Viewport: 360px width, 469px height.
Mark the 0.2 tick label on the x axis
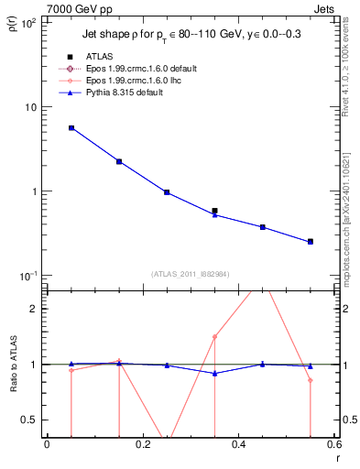click(142, 446)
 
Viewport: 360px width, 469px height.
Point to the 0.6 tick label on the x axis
click(334, 446)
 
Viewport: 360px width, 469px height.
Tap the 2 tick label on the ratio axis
click(35, 309)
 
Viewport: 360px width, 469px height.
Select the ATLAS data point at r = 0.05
click(71, 128)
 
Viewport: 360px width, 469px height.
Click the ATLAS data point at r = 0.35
click(214, 211)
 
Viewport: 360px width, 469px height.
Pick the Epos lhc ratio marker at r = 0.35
click(214, 336)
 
